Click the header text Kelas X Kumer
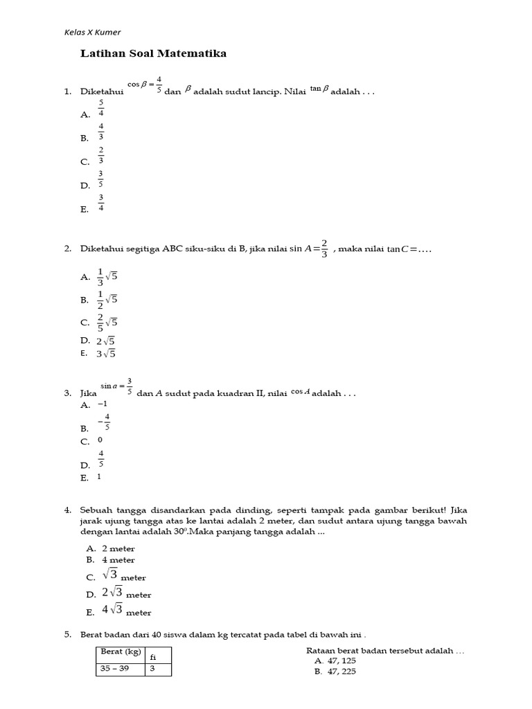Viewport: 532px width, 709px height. coord(92,32)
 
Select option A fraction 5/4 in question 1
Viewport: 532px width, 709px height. coord(101,109)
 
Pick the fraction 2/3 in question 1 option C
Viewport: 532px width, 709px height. coord(101,155)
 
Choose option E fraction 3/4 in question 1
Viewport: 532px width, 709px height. coord(101,203)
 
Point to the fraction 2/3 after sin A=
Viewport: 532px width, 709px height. coord(324,249)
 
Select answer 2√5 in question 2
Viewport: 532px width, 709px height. coord(106,341)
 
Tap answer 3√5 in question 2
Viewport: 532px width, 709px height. coord(106,353)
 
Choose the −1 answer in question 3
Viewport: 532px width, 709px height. coord(103,404)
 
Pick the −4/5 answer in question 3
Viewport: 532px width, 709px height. coord(105,422)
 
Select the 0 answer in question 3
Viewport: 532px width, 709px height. coord(100,440)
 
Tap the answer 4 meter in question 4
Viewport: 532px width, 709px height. coord(118,559)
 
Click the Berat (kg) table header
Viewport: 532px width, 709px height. coord(121,652)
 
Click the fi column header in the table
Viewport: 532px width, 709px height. coord(154,656)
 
